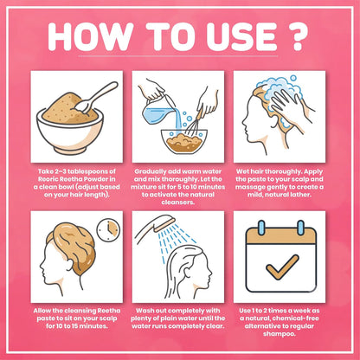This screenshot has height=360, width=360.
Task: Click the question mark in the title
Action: (x=295, y=36)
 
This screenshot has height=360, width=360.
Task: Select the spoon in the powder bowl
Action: (x=96, y=97)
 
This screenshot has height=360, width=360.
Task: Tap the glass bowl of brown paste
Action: (x=184, y=142)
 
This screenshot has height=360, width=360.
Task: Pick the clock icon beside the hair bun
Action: (x=108, y=230)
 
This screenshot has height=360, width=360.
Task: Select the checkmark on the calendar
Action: (x=282, y=267)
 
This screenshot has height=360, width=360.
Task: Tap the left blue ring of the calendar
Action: (x=261, y=228)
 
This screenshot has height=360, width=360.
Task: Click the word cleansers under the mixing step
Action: (x=178, y=202)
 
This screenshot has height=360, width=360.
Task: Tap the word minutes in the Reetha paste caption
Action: (x=93, y=326)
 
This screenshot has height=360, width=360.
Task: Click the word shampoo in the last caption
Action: (x=279, y=334)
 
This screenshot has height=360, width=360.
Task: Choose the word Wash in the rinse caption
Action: (x=145, y=311)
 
